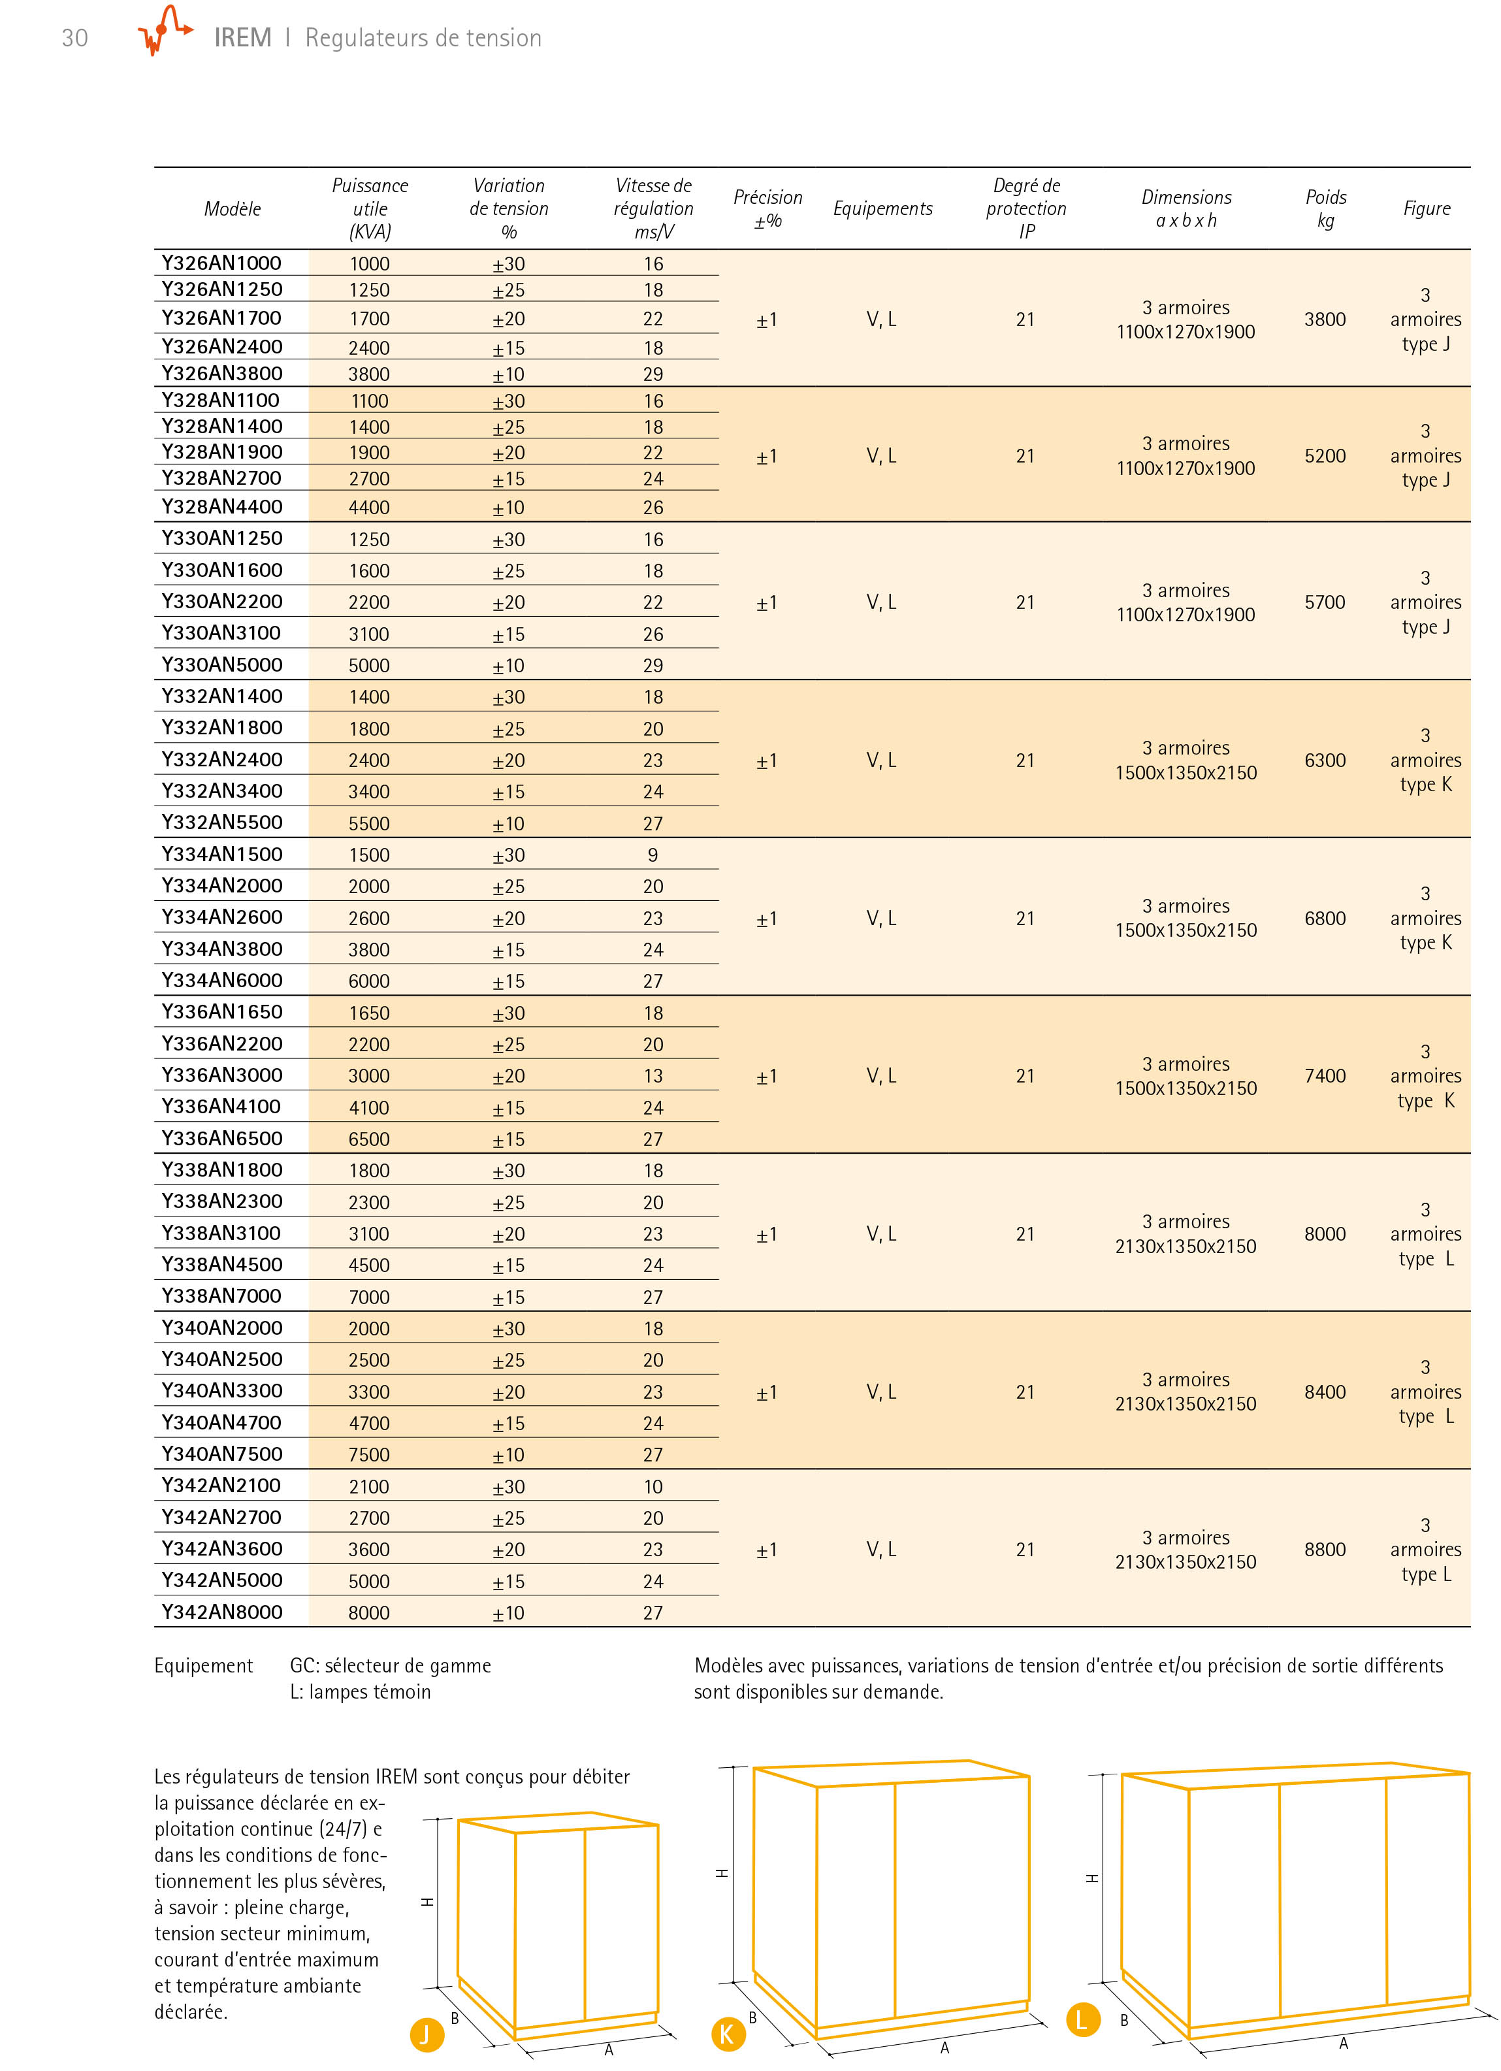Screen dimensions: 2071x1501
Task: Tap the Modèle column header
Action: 232,209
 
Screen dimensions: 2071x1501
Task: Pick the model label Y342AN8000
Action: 222,1612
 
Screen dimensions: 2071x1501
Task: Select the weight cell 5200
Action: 1325,455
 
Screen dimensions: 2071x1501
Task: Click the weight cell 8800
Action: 1325,1550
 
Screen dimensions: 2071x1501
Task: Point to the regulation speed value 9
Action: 653,855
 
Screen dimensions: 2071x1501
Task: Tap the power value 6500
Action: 369,1139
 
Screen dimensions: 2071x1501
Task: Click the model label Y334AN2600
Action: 222,917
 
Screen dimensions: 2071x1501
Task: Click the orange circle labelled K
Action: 727,2034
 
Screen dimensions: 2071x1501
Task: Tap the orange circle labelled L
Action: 1082,2019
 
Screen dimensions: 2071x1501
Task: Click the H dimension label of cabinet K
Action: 721,1874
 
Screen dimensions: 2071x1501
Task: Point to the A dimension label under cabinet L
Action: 1343,2044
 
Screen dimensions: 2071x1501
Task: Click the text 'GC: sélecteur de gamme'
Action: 390,1665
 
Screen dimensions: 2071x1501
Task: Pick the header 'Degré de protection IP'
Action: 1026,208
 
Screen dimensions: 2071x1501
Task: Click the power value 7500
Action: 369,1455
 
